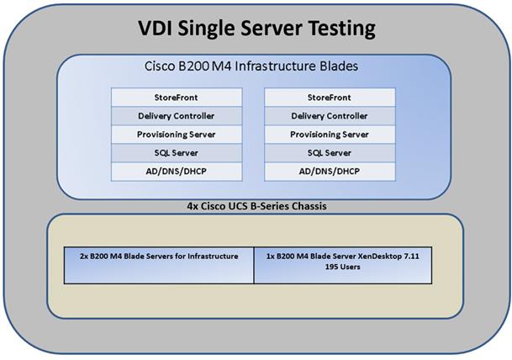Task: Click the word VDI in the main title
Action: (156, 28)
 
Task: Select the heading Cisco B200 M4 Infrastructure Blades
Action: (251, 66)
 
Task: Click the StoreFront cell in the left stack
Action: (177, 98)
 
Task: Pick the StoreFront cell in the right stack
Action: (330, 98)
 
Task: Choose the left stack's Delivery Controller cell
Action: (177, 116)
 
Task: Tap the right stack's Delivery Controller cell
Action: (330, 116)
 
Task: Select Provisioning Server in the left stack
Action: (177, 135)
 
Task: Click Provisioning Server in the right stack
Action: (330, 135)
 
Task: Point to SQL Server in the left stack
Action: (177, 153)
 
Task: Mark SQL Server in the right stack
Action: (330, 153)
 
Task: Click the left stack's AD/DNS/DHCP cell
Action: (177, 172)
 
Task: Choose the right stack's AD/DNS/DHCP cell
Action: (330, 172)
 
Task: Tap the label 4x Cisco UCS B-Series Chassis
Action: (256, 206)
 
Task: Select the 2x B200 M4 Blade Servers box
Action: (159, 265)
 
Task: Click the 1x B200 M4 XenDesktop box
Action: (343, 265)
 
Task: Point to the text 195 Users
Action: (342, 267)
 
